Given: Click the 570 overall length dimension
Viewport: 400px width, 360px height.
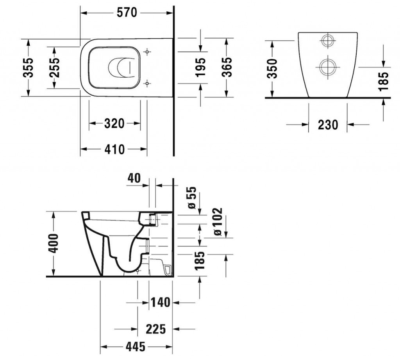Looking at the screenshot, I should coord(127,13).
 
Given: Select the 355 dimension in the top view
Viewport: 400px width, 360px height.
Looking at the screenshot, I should coord(28,67).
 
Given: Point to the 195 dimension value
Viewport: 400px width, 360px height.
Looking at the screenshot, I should coord(200,67).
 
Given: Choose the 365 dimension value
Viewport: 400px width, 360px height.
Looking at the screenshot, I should coord(227,67).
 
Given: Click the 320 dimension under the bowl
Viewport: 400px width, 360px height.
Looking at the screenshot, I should coord(114,124).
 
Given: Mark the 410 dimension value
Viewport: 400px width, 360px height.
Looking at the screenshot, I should coord(114,149).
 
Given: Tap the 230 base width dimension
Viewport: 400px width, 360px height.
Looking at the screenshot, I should coord(327,125).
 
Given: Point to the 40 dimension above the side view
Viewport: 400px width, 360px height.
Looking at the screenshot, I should coord(134,179).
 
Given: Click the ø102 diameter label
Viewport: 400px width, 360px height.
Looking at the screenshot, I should coord(218,222).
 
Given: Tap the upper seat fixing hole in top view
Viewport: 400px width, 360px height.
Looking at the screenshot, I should coord(147,52).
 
